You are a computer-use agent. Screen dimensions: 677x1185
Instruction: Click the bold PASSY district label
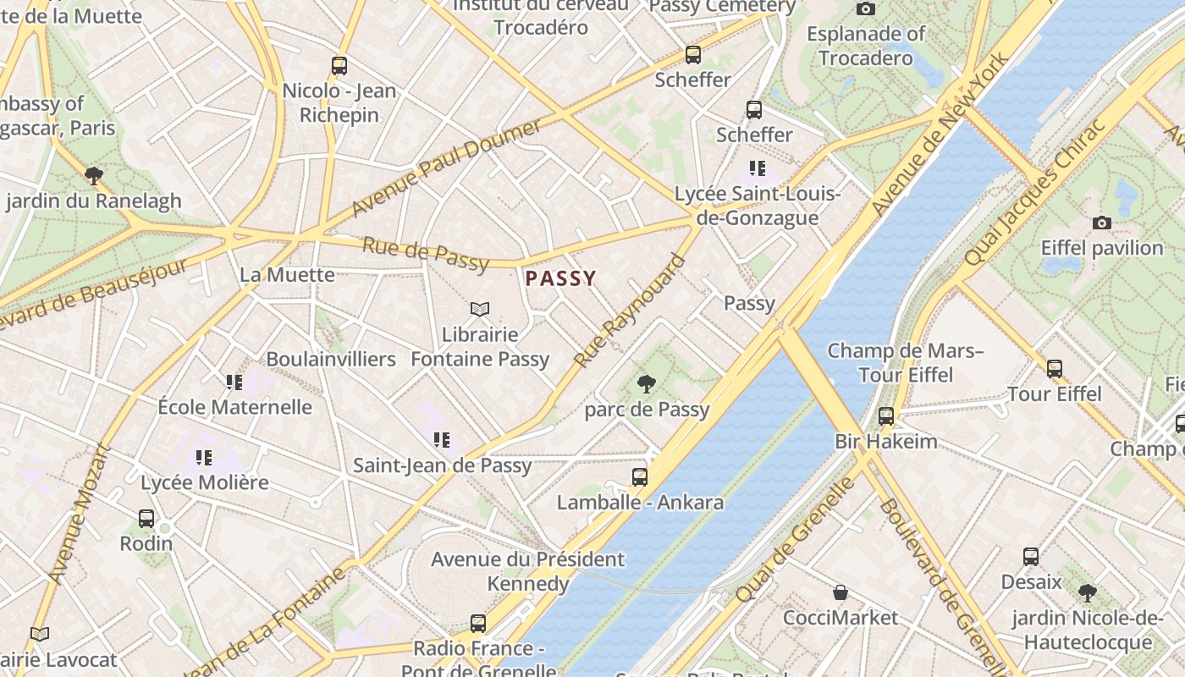[x=560, y=278]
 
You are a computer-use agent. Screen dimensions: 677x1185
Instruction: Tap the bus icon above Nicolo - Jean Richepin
[x=339, y=65]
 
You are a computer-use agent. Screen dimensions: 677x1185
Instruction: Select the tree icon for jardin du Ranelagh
[x=94, y=176]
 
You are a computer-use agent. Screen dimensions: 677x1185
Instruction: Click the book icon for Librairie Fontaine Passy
[x=480, y=310]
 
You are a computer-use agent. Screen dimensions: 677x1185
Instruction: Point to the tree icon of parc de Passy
[x=647, y=384]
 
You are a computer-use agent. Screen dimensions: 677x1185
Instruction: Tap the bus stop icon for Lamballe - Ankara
[x=640, y=477]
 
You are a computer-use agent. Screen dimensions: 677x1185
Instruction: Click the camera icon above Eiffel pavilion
[x=1101, y=223]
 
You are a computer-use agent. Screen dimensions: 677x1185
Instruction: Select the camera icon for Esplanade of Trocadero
[x=865, y=8]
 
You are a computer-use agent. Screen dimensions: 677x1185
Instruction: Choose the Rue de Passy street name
[x=426, y=255]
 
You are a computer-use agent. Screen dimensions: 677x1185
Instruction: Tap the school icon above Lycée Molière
[x=204, y=458]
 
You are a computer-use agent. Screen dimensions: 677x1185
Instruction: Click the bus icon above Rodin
[x=146, y=518]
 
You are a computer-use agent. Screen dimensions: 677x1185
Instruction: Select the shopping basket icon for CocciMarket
[x=841, y=592]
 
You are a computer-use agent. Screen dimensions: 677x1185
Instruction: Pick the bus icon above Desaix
[x=1030, y=557]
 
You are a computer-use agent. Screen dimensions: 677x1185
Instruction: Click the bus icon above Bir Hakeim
[x=885, y=416]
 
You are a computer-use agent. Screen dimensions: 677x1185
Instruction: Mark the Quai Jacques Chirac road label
[x=1034, y=193]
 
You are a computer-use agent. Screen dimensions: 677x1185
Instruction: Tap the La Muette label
[x=287, y=274]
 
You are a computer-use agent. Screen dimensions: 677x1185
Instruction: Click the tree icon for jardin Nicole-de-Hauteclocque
[x=1087, y=592]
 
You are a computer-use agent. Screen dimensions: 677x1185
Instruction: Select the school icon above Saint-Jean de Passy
[x=442, y=440]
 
